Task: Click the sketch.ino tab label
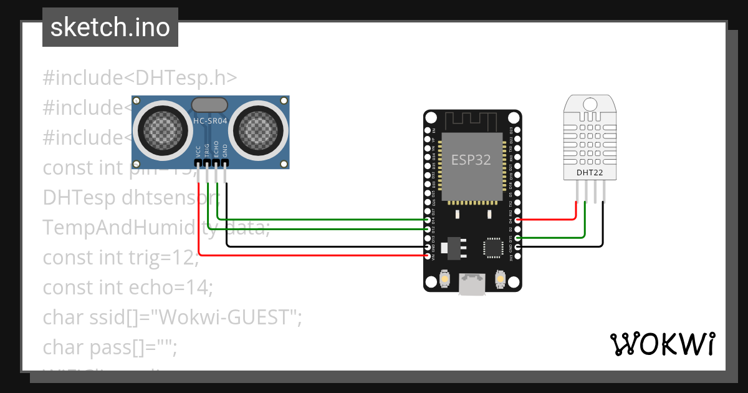(110, 27)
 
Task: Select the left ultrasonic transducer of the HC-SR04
(163, 129)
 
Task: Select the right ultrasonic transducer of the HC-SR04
(259, 129)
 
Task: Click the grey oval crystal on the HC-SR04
(210, 105)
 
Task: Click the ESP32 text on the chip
(471, 159)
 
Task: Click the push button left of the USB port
(445, 278)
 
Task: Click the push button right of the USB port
(499, 278)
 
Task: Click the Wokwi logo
(663, 344)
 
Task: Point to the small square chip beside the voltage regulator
(492, 247)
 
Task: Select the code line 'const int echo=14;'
(128, 288)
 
